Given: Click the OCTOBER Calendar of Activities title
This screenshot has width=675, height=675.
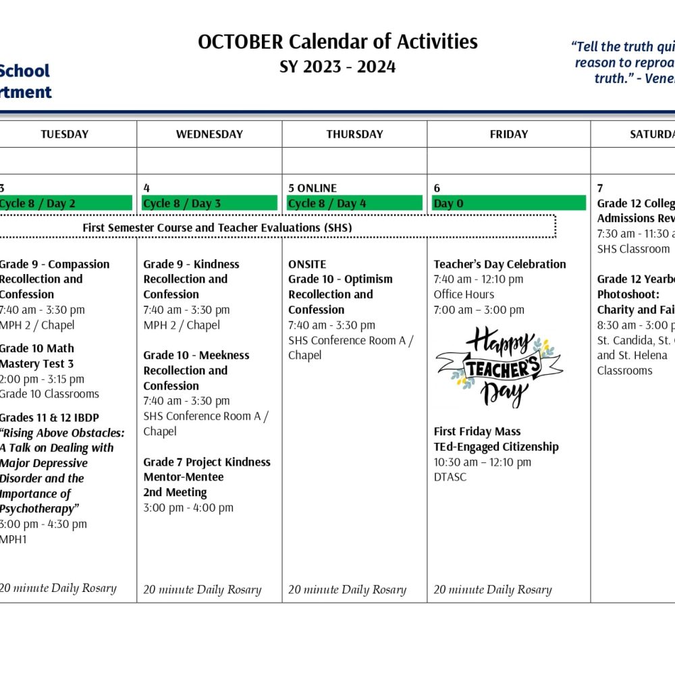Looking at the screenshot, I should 337,42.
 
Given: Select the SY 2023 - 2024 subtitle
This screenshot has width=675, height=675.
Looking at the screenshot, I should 337,67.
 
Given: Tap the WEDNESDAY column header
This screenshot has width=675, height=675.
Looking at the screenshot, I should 209,134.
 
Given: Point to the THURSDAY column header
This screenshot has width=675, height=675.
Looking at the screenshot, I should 354,134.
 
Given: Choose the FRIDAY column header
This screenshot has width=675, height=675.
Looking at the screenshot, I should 509,134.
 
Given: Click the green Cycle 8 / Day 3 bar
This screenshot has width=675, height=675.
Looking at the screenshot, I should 210,203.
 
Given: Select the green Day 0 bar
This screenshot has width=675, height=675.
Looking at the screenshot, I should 509,203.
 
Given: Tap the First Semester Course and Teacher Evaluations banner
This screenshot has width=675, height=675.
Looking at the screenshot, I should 217,227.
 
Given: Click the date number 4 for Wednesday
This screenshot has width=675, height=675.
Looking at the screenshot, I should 146,188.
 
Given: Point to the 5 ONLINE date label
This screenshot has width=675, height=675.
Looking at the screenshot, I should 313,188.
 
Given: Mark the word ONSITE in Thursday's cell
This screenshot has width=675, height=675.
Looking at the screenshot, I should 307,264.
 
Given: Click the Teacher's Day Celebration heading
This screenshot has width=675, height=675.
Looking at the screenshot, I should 500,264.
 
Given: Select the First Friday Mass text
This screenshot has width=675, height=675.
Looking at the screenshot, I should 477,431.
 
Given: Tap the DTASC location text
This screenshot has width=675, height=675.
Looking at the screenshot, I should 450,477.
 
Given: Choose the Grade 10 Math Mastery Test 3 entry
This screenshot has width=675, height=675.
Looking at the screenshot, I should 37,356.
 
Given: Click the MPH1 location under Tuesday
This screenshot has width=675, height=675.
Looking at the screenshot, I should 13,539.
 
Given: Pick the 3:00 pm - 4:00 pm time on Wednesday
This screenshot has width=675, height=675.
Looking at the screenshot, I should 188,508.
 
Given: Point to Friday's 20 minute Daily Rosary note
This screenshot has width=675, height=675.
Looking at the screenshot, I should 493,589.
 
